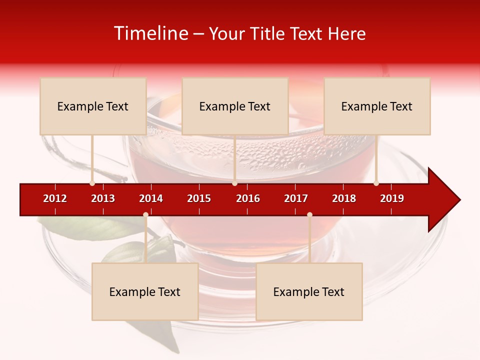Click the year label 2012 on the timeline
point(55,198)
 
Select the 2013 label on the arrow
point(103,198)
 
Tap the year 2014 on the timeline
point(151,198)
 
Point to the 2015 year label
point(199,198)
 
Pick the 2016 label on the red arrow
point(248,198)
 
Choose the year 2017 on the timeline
point(296,198)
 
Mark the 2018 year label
point(344,198)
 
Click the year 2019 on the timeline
point(392,198)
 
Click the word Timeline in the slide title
point(150,33)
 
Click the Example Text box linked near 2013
point(93,106)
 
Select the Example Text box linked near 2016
point(235,106)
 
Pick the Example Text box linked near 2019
point(377,106)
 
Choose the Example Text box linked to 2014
point(145,291)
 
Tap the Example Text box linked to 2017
point(309,291)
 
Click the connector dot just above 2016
point(234,183)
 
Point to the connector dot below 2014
point(145,215)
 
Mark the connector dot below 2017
point(309,215)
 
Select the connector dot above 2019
point(376,183)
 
